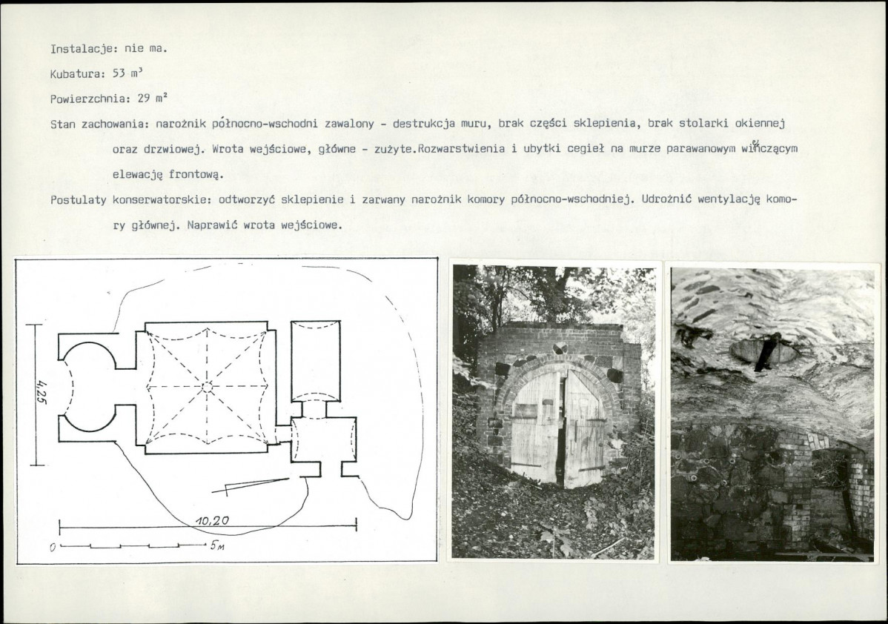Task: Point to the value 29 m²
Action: pyautogui.click(x=153, y=98)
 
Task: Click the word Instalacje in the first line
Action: pyautogui.click(x=82, y=48)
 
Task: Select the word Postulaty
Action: pyautogui.click(x=79, y=200)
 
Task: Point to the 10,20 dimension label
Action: pyautogui.click(x=213, y=520)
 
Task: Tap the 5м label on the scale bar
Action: pyautogui.click(x=218, y=547)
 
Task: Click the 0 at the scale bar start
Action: pyautogui.click(x=52, y=548)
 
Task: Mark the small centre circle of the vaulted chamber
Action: pyautogui.click(x=207, y=387)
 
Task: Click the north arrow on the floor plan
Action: pyautogui.click(x=250, y=486)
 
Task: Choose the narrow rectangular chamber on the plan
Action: pyautogui.click(x=316, y=361)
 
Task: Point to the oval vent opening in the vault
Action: pyautogui.click(x=764, y=352)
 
